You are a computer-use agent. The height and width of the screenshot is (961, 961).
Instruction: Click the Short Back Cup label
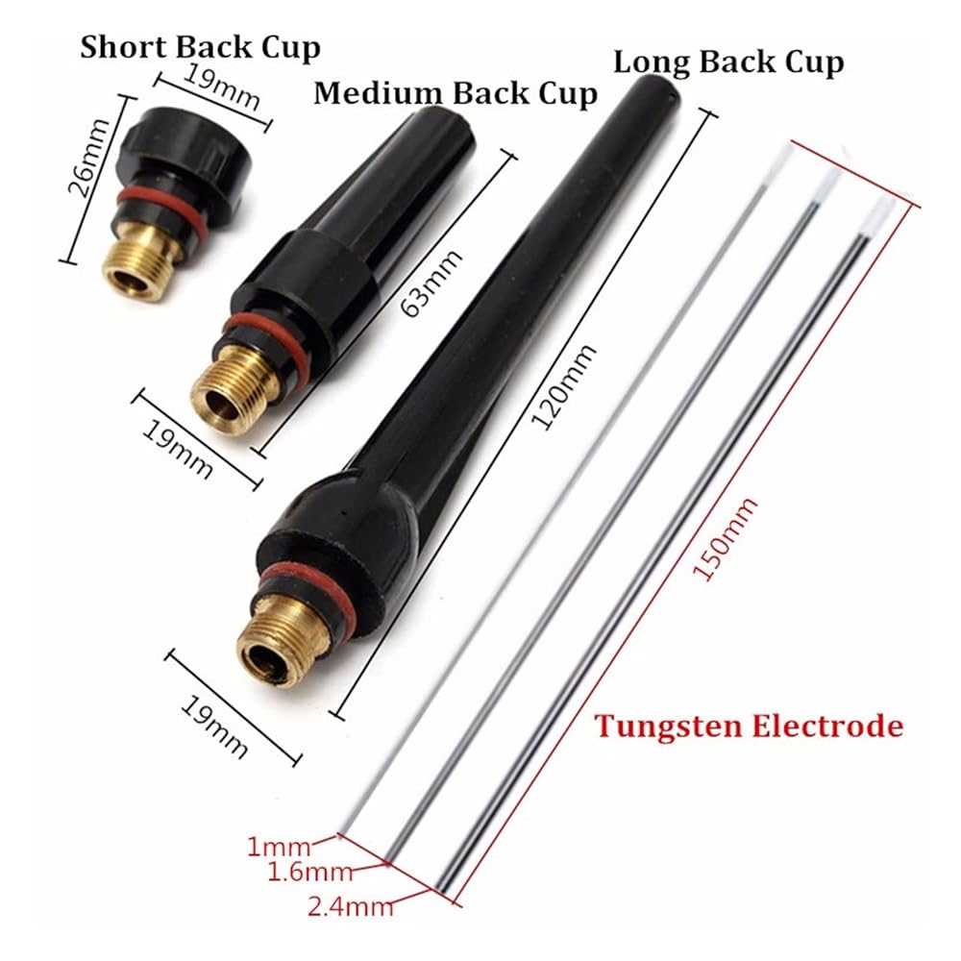(201, 48)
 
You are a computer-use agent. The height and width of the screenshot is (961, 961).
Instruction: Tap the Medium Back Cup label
(456, 93)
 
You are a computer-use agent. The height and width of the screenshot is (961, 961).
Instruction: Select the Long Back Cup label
(728, 62)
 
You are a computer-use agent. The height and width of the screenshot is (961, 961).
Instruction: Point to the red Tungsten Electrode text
(749, 727)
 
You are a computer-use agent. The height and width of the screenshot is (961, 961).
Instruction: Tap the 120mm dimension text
(563, 386)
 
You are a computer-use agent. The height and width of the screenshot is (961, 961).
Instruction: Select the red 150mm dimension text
(725, 538)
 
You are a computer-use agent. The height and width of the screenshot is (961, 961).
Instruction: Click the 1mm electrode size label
(279, 847)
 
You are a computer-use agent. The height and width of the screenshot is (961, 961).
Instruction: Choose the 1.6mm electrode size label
(310, 872)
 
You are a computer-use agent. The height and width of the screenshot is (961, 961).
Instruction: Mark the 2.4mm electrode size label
(350, 906)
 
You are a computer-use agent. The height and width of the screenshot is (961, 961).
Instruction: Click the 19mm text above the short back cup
(221, 86)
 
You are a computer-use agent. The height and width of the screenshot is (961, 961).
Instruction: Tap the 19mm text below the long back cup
(214, 727)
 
